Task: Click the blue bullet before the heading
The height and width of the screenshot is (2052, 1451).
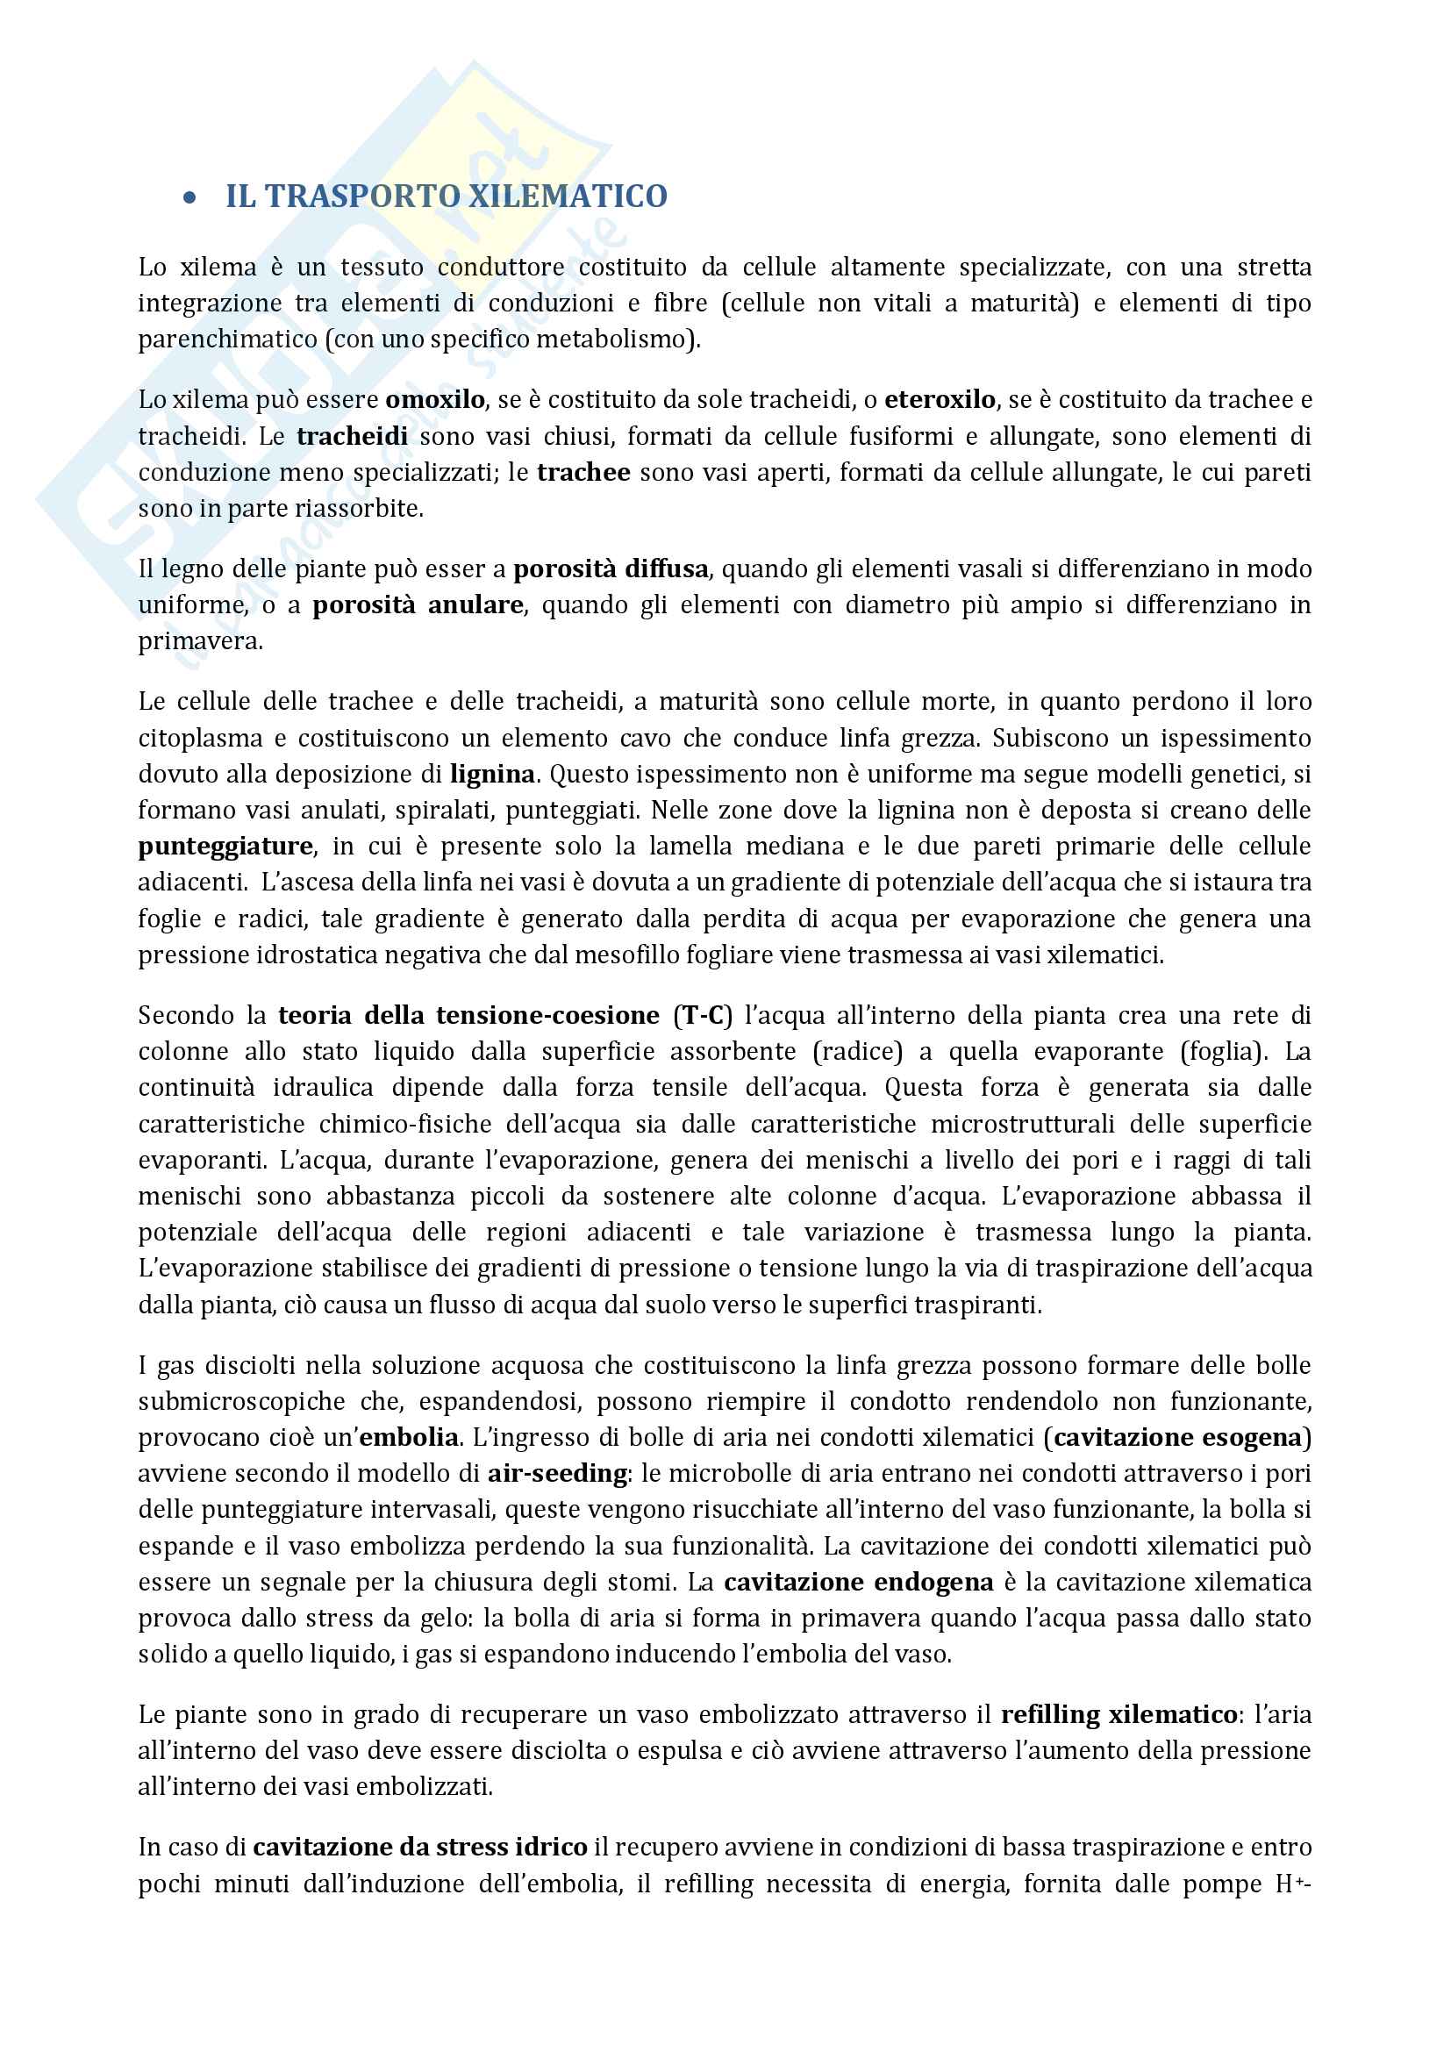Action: pyautogui.click(x=189, y=198)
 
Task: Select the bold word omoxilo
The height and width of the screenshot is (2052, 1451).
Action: pyautogui.click(x=435, y=399)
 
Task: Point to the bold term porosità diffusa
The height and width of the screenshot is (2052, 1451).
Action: pyautogui.click(x=611, y=568)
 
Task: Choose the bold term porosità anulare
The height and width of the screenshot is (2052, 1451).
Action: pyautogui.click(x=418, y=605)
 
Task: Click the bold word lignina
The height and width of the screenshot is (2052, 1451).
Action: pyautogui.click(x=492, y=774)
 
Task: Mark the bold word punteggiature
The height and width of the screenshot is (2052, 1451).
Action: pyautogui.click(x=225, y=847)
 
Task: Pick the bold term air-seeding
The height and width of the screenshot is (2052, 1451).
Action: pyautogui.click(x=558, y=1474)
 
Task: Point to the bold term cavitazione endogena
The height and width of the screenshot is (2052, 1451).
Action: pyautogui.click(x=858, y=1583)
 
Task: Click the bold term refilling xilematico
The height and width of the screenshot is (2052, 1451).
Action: pyautogui.click(x=1119, y=1715)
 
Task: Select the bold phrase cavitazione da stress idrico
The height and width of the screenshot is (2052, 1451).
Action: pyautogui.click(x=420, y=1848)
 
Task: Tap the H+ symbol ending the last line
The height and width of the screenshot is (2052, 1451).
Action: pyautogui.click(x=1290, y=1884)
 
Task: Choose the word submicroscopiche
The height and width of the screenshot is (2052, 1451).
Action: pyautogui.click(x=241, y=1401)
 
